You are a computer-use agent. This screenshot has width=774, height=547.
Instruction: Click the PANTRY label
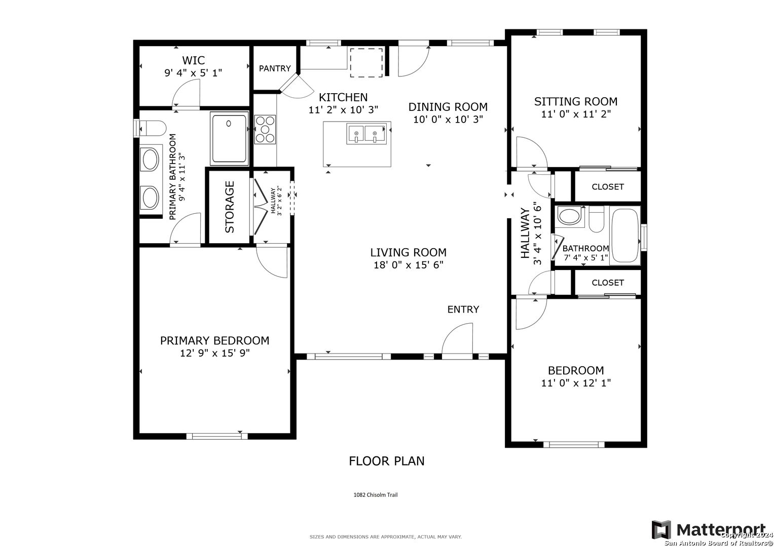tap(275, 68)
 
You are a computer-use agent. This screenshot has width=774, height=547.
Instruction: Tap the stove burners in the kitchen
tap(265, 130)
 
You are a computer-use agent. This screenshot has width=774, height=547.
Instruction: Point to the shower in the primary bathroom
tap(229, 138)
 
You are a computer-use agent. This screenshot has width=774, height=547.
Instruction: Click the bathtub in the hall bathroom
tap(625, 236)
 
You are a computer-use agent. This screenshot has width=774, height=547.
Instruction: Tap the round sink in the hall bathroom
tap(569, 216)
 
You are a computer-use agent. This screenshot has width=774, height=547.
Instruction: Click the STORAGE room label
tap(230, 207)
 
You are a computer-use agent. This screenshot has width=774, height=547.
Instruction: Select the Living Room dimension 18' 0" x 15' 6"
tap(409, 265)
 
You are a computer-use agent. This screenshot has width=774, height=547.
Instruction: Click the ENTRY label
tap(463, 309)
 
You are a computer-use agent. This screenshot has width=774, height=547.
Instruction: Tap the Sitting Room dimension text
tap(576, 114)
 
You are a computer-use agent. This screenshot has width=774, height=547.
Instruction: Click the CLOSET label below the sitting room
tap(608, 187)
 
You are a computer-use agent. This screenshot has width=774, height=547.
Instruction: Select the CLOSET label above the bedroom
tap(608, 283)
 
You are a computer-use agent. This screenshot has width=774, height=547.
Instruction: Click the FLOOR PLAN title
tap(387, 461)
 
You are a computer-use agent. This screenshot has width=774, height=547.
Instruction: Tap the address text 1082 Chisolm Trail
tap(376, 495)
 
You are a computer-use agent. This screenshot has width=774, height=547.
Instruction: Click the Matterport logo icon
tap(661, 530)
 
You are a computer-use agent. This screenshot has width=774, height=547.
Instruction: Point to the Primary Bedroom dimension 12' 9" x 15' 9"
tap(214, 354)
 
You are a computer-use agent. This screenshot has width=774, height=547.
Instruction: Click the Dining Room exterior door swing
tap(414, 61)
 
